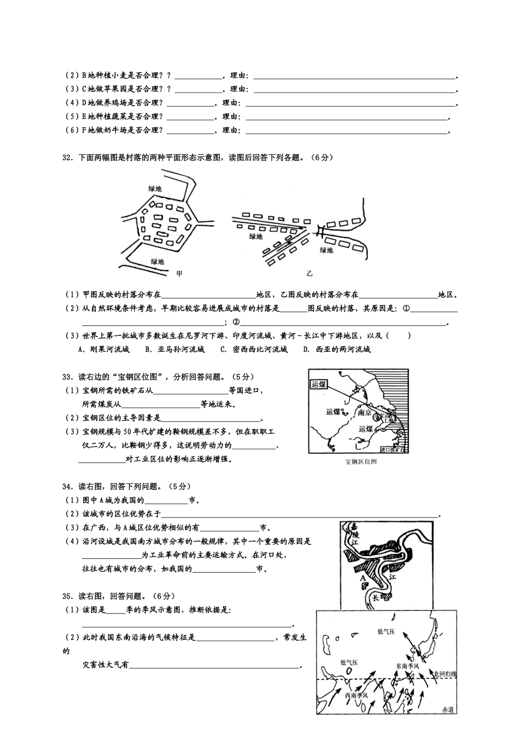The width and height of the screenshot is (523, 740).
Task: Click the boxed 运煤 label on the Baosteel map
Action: click(x=319, y=385)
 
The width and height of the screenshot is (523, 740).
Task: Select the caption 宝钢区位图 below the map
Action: click(x=360, y=461)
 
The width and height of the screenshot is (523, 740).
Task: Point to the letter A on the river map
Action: click(x=362, y=579)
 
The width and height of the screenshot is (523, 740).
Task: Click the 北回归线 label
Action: click(x=445, y=673)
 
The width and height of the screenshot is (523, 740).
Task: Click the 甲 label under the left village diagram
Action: click(x=178, y=274)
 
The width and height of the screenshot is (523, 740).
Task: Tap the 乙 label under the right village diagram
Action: click(x=309, y=274)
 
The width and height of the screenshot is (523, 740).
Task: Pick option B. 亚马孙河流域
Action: click(x=175, y=349)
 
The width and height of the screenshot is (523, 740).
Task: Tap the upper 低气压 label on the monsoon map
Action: click(x=386, y=632)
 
